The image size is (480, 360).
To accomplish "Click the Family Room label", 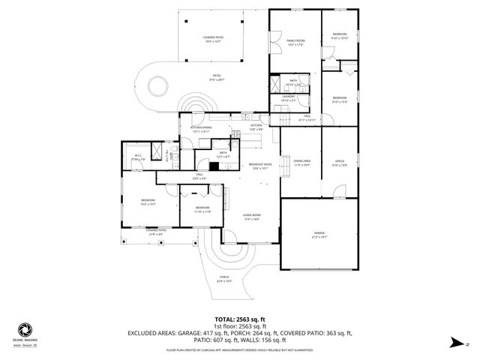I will [x=295, y=40].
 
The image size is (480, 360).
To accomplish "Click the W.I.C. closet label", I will [x=136, y=157].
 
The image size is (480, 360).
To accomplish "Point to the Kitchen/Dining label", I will [x=201, y=128].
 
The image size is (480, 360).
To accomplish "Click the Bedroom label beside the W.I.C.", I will [x=148, y=200].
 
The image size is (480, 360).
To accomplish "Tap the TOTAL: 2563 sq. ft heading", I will [x=241, y=319].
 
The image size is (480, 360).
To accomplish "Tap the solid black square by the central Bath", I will [x=213, y=166].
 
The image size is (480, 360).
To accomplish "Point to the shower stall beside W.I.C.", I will [x=157, y=152].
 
